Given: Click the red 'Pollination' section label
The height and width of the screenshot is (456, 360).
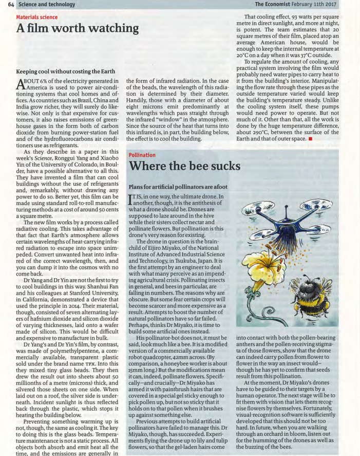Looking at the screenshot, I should pos(142,154).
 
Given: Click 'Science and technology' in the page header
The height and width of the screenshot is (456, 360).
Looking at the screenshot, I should pos(46,4).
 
